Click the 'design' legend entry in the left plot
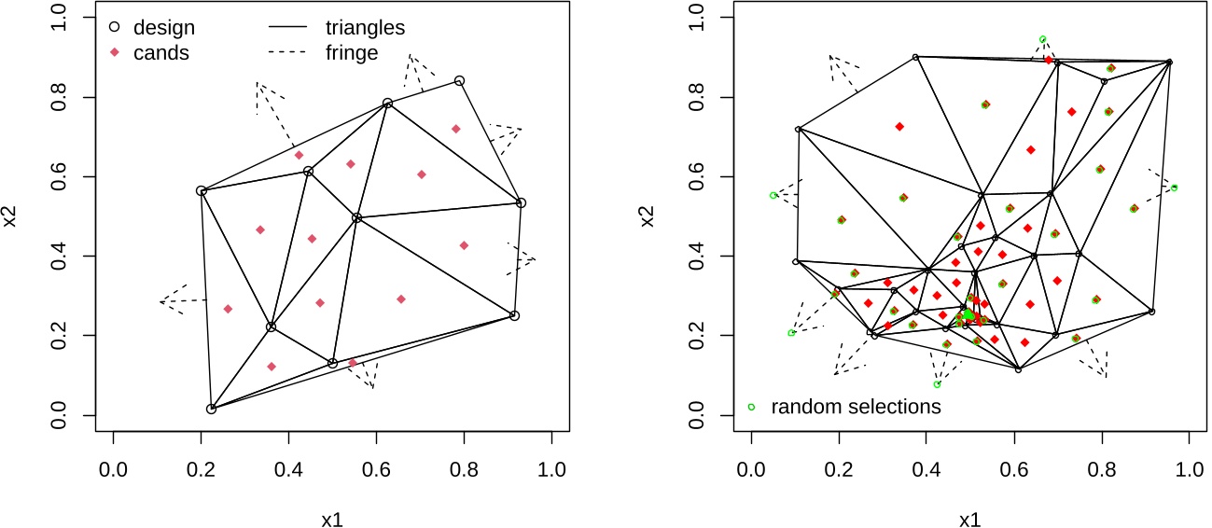click(163, 28)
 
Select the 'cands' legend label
click(160, 53)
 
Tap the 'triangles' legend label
click(365, 28)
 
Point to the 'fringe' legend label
click(352, 53)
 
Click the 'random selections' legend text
click(856, 407)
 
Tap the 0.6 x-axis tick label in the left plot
click(376, 464)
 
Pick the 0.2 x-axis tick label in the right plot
click(839, 464)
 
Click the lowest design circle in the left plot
click(212, 409)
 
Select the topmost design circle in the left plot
click(459, 81)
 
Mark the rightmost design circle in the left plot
click(521, 202)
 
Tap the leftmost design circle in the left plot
click(201, 190)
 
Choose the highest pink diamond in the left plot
click(456, 129)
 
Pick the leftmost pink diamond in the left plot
click(228, 309)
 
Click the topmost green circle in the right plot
click(1042, 39)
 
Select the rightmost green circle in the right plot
click(1174, 188)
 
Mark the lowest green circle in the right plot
click(937, 384)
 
